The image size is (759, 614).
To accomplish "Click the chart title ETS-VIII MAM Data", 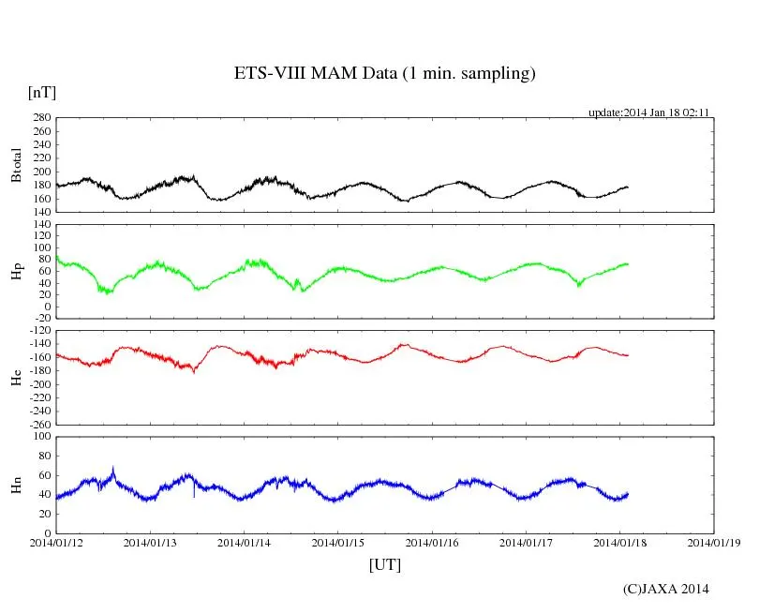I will [x=384, y=74].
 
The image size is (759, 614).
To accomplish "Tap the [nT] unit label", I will [x=42, y=92].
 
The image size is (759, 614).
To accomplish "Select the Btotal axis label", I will [x=16, y=165].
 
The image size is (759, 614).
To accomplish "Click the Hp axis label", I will [x=16, y=273].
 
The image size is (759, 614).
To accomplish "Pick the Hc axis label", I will [x=16, y=378].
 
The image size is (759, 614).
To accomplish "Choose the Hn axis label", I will [x=16, y=485].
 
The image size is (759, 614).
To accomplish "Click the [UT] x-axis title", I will [x=384, y=564].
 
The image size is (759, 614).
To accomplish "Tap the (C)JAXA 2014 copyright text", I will [x=666, y=589].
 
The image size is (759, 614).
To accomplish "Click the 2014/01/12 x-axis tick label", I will [x=56, y=542].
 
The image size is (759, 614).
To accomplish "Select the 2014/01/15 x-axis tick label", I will [x=338, y=542].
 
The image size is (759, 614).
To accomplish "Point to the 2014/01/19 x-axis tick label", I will [x=714, y=542].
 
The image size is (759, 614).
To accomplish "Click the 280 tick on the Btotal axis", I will [x=41, y=118].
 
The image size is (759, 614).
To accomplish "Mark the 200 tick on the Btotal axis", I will [x=41, y=172].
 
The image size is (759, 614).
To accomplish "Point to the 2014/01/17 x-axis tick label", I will [x=527, y=542].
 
